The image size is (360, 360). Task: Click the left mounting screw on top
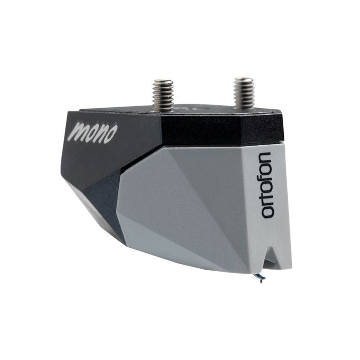(x=163, y=93)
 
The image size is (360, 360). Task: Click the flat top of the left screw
(x=163, y=81)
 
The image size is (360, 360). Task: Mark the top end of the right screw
(x=243, y=79)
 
